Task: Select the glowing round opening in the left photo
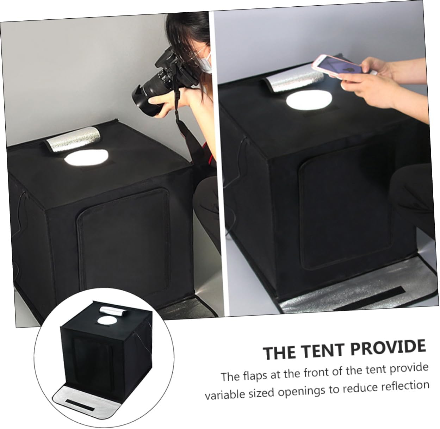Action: (86, 157)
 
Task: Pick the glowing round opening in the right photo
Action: (309, 99)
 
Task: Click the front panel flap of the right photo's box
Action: (345, 211)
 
